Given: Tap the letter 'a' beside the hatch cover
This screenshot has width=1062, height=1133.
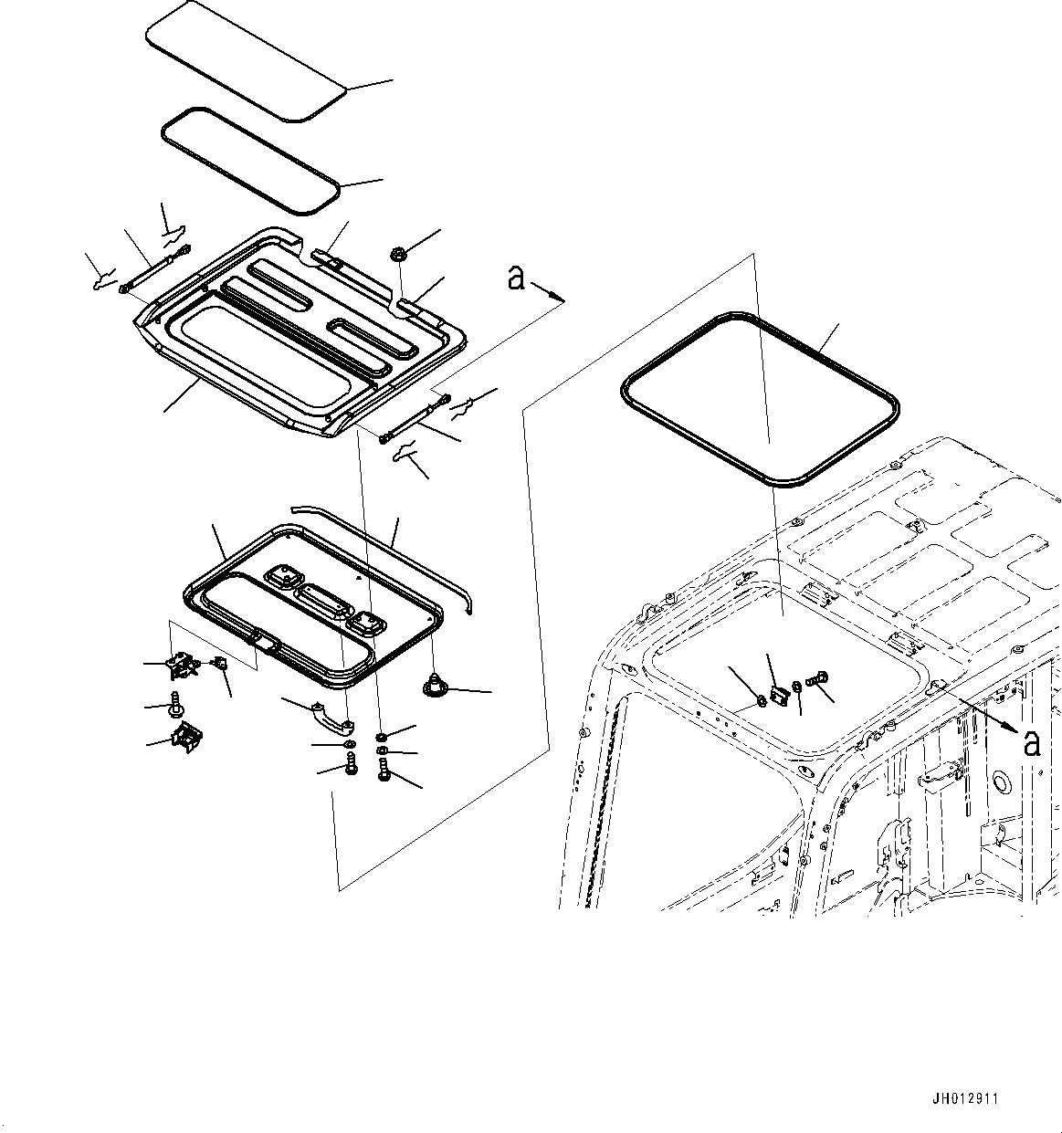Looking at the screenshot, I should [x=517, y=278].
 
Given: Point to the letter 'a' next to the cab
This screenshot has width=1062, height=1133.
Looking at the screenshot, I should [x=1031, y=743].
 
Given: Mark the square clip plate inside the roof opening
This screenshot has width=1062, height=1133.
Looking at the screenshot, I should [x=779, y=695].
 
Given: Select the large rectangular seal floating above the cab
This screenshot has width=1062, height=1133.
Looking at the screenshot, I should [x=759, y=397].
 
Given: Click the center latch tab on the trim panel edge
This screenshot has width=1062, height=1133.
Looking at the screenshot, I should [x=264, y=642].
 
